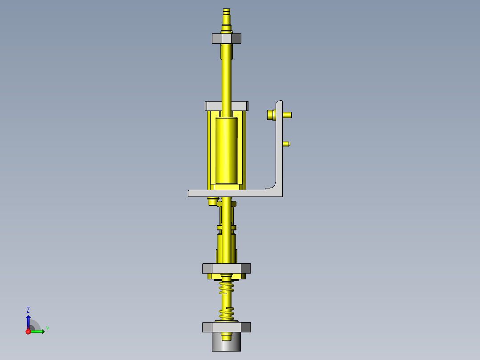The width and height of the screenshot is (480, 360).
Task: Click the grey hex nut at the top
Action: [x=227, y=38]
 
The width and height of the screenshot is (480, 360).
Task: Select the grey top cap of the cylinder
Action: [x=227, y=106]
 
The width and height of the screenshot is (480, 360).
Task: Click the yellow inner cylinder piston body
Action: [x=227, y=150]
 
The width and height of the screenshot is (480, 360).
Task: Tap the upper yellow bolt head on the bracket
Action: [x=271, y=115]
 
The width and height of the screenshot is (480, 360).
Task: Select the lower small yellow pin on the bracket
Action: [x=287, y=144]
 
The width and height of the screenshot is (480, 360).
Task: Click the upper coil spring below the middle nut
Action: [x=227, y=287]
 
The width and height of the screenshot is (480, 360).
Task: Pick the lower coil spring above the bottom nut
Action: [x=227, y=314]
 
